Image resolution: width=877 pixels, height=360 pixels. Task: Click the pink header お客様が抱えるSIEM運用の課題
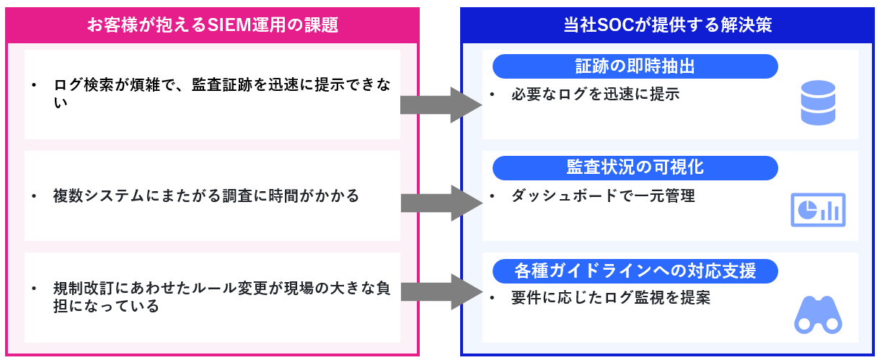212,25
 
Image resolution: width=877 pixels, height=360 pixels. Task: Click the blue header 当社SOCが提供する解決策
667,25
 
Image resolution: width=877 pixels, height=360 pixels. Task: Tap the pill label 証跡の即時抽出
635,66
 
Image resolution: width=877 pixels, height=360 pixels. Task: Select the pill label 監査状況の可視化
635,167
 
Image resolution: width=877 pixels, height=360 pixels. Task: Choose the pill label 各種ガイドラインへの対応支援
635,271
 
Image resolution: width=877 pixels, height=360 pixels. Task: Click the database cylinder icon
817,102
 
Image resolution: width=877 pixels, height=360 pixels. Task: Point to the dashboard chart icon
817,210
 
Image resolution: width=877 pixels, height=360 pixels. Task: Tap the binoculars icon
817,315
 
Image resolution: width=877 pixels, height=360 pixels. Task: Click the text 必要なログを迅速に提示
595,95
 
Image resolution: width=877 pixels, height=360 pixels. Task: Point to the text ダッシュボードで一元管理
603,196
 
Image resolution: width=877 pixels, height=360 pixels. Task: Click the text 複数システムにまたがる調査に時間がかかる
206,196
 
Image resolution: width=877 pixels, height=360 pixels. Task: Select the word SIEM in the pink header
228,25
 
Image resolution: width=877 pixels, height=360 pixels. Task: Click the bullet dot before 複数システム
33,196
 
